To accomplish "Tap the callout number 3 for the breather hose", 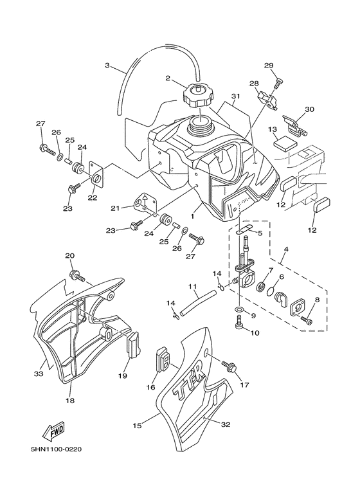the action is [x=107, y=66].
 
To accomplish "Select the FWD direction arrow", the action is [x=54, y=432].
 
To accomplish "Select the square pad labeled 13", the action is [x=285, y=143].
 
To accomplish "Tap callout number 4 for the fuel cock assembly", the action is [x=286, y=249].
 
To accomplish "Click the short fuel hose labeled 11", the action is [x=198, y=304].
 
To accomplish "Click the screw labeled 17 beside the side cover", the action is [x=230, y=368].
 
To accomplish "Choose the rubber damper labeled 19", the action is [x=134, y=344].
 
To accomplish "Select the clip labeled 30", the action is [x=294, y=126].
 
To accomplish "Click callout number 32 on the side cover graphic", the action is [x=225, y=424].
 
